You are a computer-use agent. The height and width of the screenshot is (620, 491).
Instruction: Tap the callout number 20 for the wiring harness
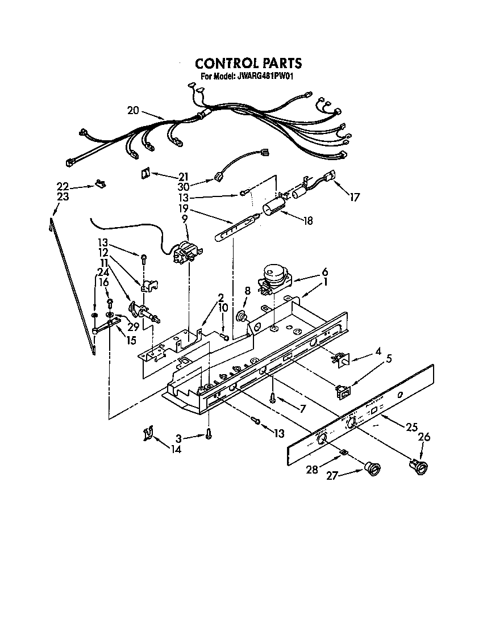tap(133, 111)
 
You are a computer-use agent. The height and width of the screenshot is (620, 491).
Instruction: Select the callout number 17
tap(355, 198)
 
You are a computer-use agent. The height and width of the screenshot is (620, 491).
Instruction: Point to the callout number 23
tap(63, 197)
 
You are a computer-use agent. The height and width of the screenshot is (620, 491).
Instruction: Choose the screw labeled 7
tap(273, 398)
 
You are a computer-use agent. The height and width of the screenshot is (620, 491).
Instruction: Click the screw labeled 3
tap(209, 434)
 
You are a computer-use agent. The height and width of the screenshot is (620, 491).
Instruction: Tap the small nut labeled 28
tap(343, 452)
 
